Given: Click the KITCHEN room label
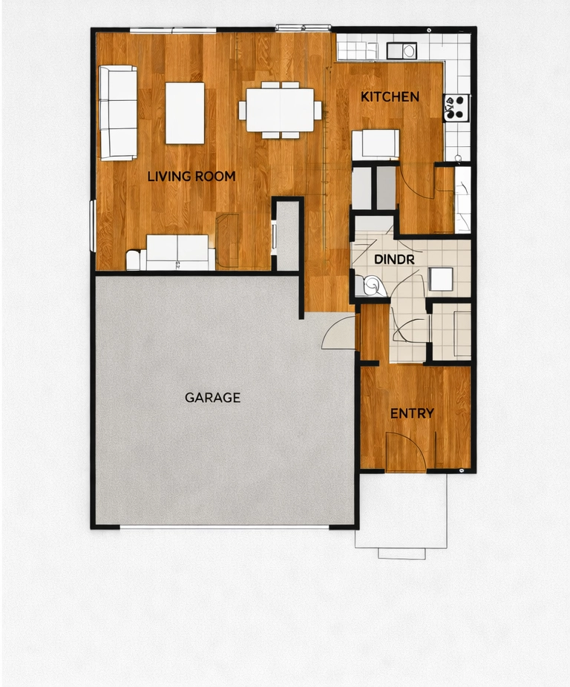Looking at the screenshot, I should pos(390,96).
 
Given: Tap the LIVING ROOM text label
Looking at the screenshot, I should pos(191,177).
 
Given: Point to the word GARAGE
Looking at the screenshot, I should pos(212,398).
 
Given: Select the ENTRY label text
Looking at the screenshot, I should pos(412,413).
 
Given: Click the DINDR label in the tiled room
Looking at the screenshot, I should pos(394,260).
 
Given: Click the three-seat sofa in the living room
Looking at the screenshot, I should pos(118,113).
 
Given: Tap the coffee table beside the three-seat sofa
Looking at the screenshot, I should pos(185,113).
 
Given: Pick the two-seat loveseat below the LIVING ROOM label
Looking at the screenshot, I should pos(177,252).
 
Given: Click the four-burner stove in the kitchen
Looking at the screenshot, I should pos(456,108).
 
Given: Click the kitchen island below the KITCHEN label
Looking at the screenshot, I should pos(376,144).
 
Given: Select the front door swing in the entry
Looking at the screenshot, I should pos(405,453).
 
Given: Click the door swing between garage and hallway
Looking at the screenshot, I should pos(339,332).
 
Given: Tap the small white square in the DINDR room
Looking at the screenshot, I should pos(440,278).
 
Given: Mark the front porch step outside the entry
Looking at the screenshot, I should pos(402,553).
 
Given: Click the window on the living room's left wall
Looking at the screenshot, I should pos(93,226).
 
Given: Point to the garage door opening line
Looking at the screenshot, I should pos(223,527).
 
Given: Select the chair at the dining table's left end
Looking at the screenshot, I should pos(242,110).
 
